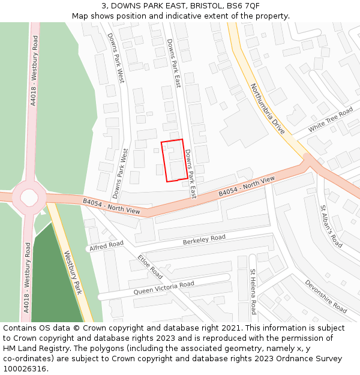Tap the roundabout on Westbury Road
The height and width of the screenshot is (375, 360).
29,196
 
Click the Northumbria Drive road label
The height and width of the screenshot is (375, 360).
267,109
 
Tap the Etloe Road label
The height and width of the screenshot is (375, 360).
150,268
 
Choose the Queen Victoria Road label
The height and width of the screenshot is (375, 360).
164,287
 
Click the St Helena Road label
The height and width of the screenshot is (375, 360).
253,292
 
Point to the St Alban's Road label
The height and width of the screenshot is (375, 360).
331,227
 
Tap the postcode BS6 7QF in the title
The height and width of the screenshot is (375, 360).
244,6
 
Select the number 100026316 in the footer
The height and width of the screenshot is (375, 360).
25,369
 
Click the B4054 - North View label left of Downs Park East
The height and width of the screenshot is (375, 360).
112,207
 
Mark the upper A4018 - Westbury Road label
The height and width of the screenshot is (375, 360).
34,71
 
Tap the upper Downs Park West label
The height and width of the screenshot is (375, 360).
115,57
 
